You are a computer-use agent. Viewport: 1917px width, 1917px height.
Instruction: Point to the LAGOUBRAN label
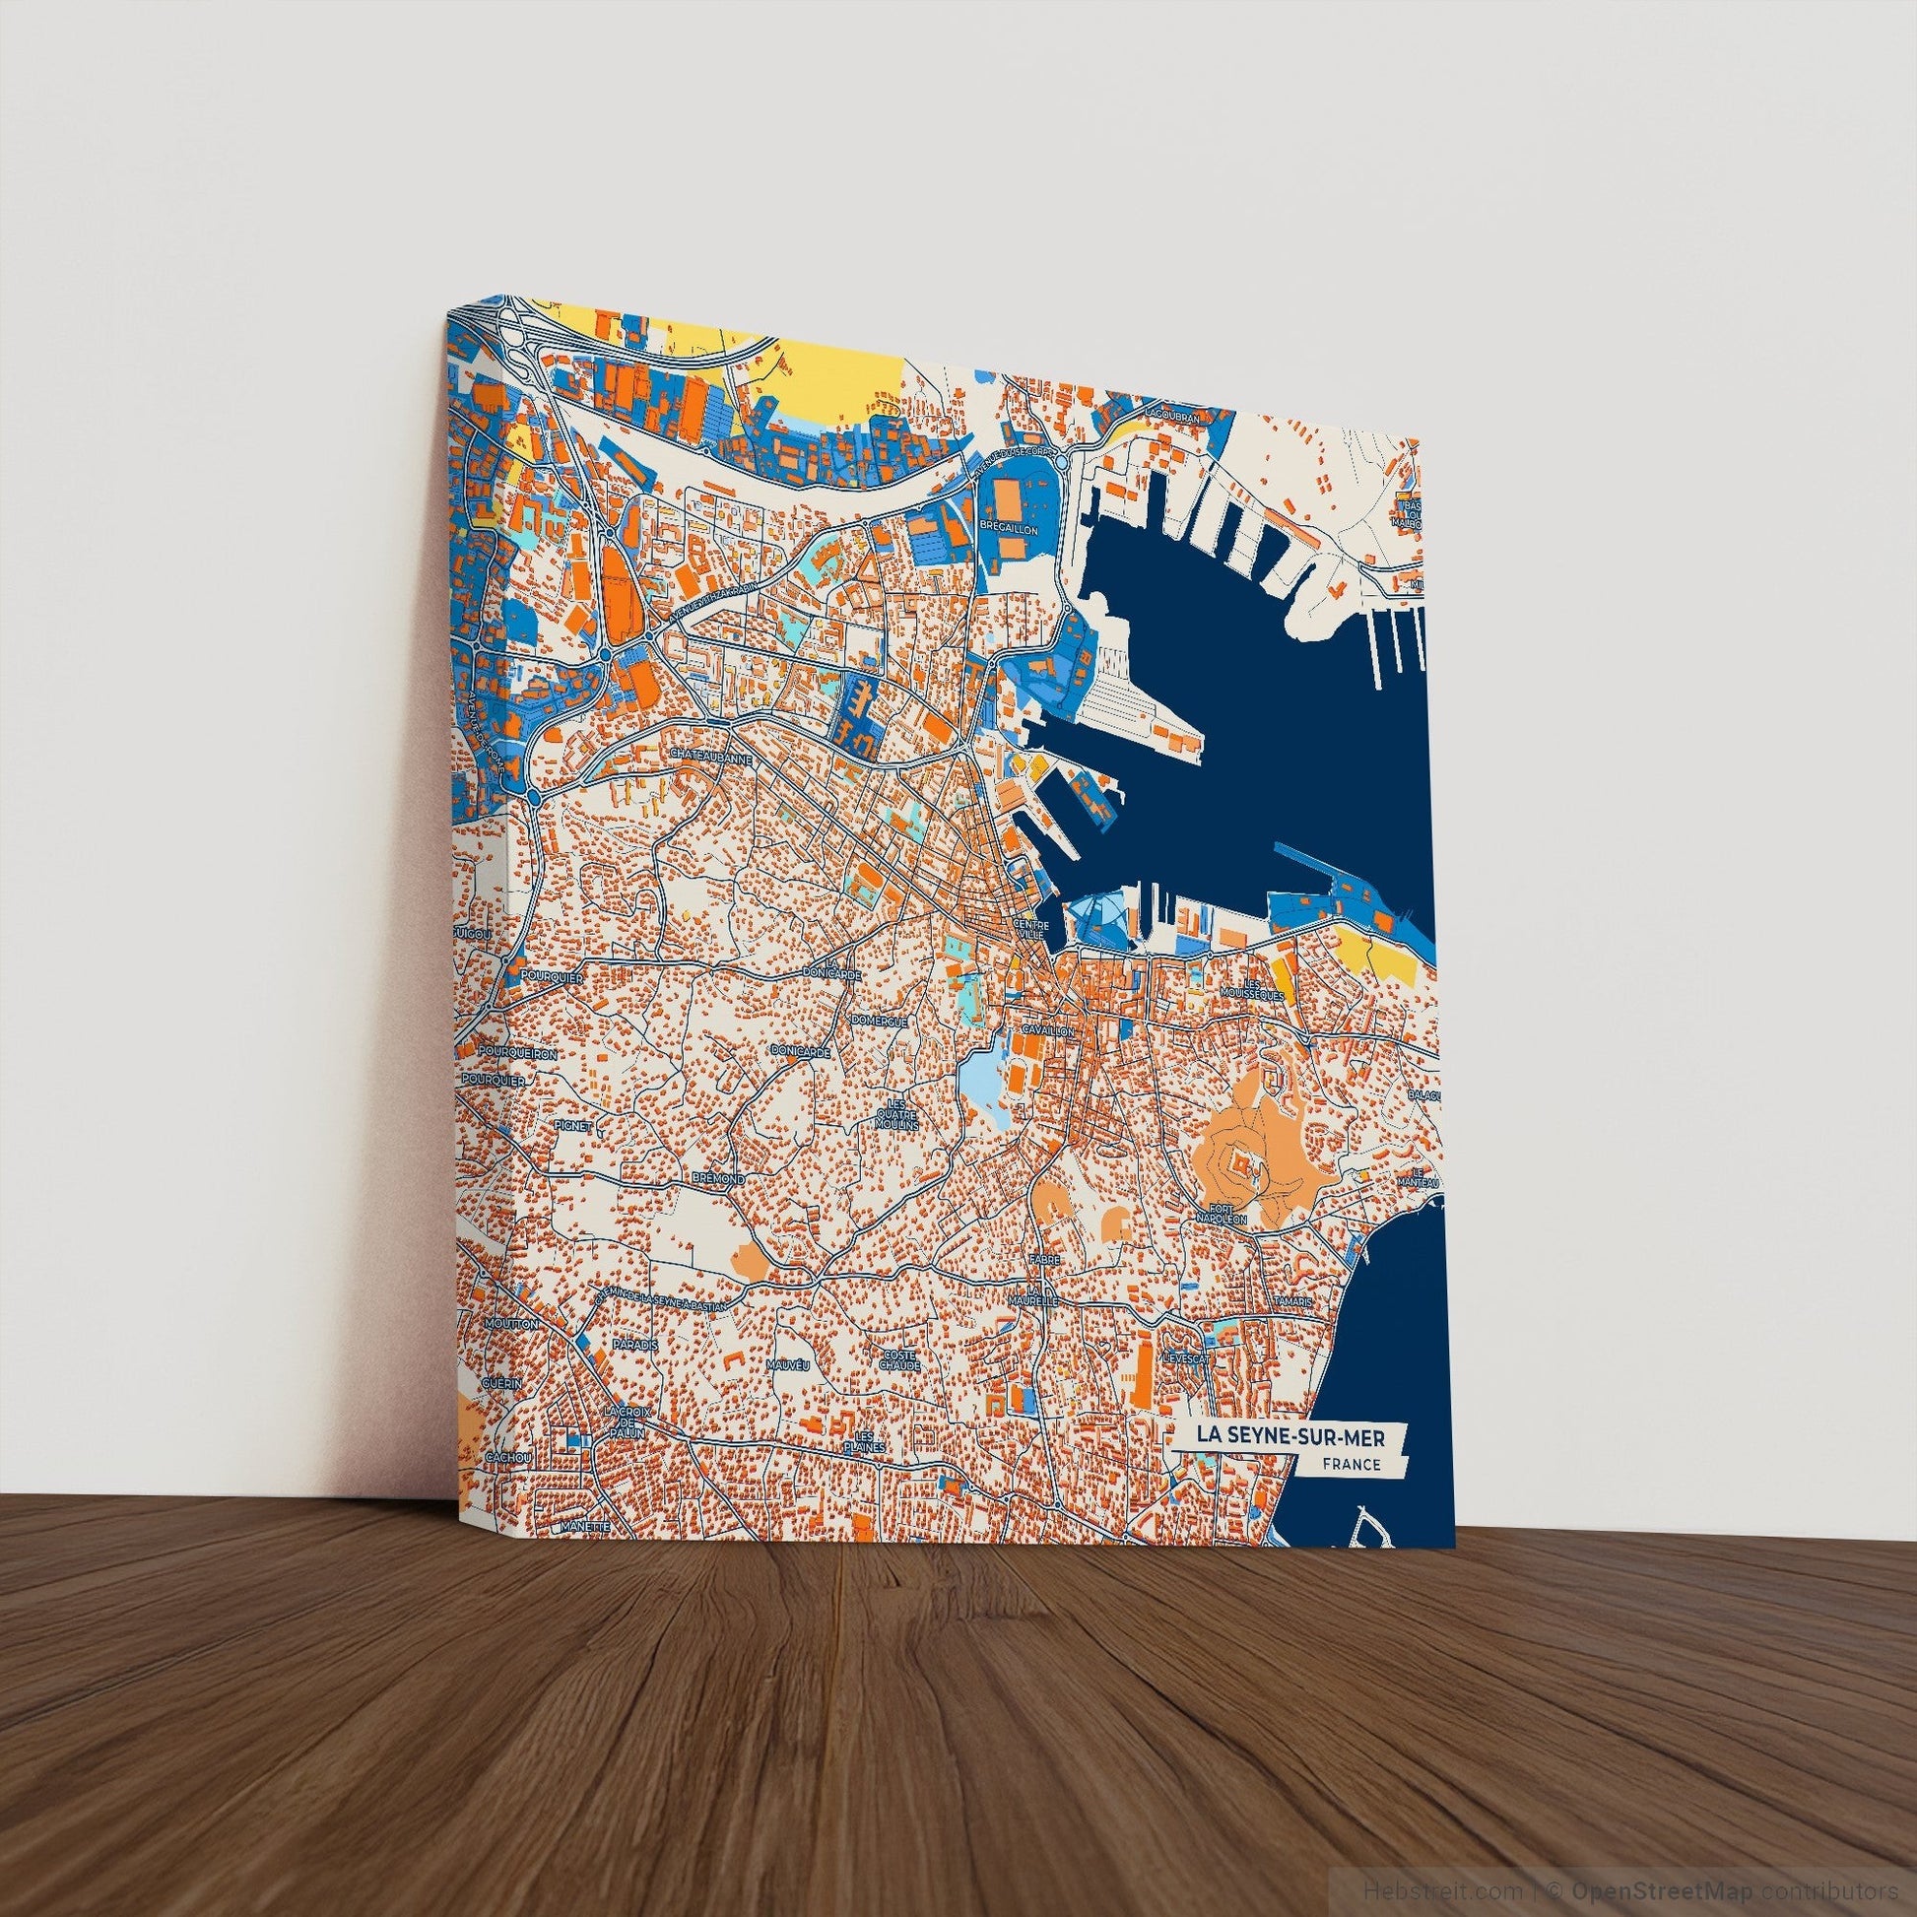point(1173,420)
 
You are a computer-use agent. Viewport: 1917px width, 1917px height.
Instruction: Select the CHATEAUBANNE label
point(712,756)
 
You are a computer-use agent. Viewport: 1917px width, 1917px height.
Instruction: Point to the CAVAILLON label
point(1045,1032)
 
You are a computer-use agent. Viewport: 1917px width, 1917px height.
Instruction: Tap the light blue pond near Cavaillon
point(977,1077)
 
